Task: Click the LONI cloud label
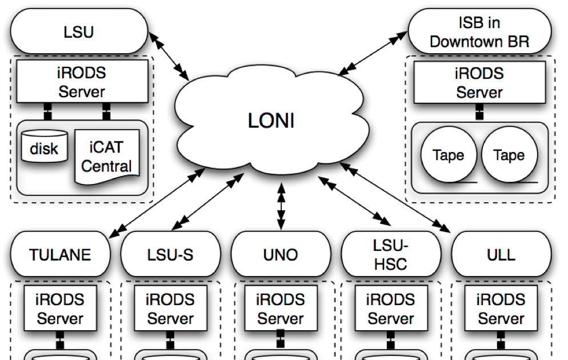270,121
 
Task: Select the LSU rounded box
79,33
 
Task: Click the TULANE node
61,254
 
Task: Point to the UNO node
281,254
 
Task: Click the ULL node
502,254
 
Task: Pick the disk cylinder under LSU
44,148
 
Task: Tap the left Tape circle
448,155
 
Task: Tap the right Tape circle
510,155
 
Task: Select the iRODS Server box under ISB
479,82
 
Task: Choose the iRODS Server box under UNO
281,309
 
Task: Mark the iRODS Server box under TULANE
61,309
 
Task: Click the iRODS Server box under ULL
502,309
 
